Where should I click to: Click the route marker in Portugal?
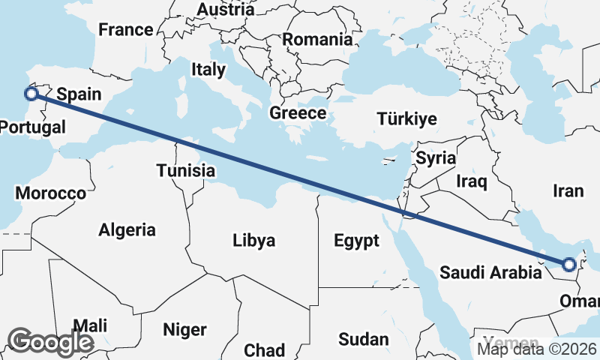(x=31, y=94)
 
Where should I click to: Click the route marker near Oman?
(x=569, y=264)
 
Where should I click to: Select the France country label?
(x=126, y=31)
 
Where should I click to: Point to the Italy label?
(x=208, y=70)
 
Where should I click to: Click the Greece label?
(x=298, y=114)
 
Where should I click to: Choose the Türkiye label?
(x=406, y=119)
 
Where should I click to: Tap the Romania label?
(x=317, y=39)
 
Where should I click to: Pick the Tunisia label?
(x=186, y=171)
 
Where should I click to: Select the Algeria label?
(x=127, y=230)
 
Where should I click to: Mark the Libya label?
(x=253, y=241)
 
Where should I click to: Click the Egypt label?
(x=356, y=241)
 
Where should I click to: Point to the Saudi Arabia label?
(x=490, y=272)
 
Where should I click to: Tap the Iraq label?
(x=472, y=181)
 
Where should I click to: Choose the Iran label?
(x=568, y=191)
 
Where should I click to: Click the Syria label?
(x=436, y=158)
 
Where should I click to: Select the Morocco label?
(x=51, y=193)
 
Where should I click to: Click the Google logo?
(x=50, y=341)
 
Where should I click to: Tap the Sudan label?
(x=363, y=339)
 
